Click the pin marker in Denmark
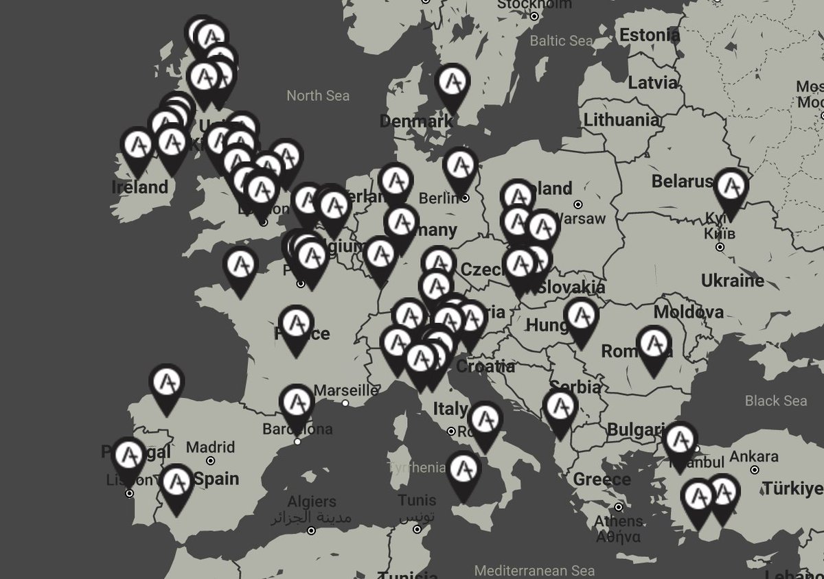[x=453, y=84]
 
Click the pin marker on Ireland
[x=137, y=147]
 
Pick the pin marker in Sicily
[x=463, y=473]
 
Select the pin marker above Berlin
[x=460, y=167]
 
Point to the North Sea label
[x=318, y=95]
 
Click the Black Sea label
[x=776, y=401]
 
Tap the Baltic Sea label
[x=561, y=41]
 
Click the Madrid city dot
[x=210, y=461]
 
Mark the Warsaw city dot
[x=578, y=204]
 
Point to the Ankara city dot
[x=755, y=470]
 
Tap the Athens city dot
[x=619, y=508]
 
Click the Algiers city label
[x=312, y=502]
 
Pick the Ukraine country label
[x=732, y=281]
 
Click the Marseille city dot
[x=345, y=403]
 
